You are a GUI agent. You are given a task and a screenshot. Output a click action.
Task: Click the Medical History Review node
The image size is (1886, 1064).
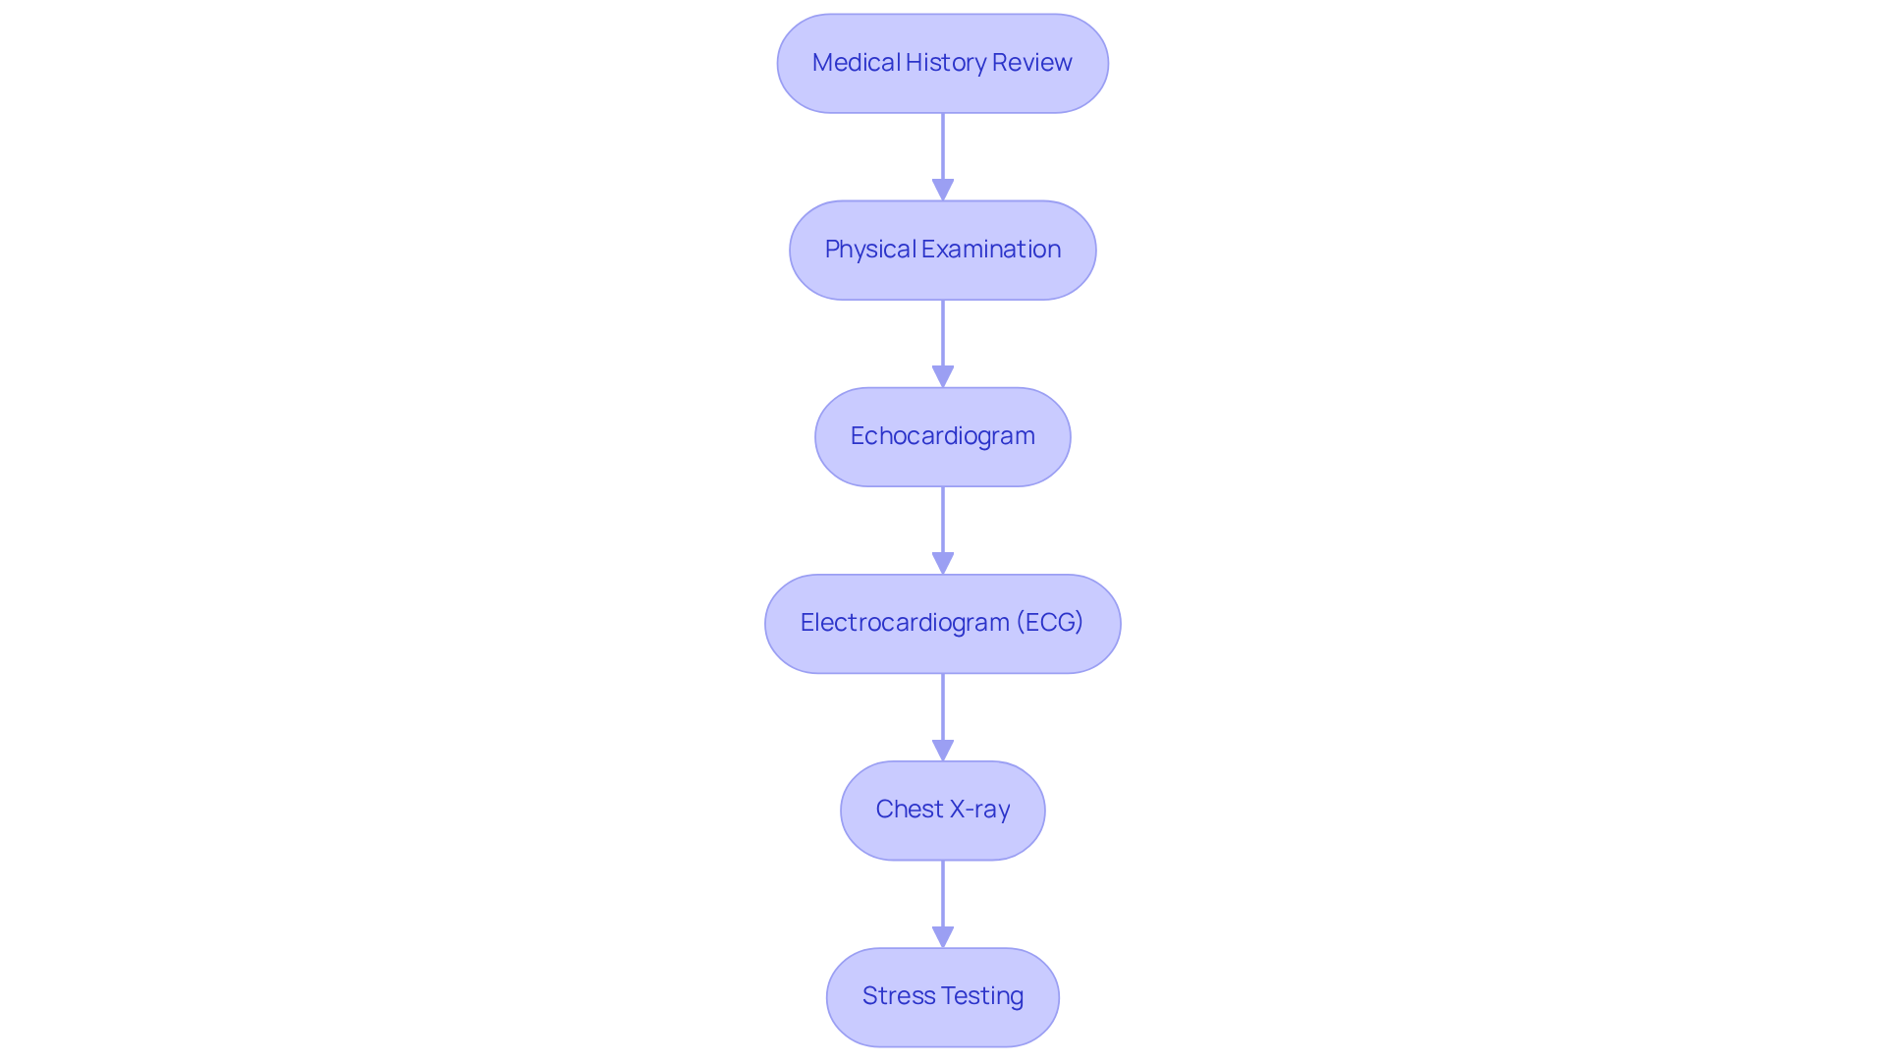(x=942, y=64)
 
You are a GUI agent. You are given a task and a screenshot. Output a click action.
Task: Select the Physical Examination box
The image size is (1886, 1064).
(x=942, y=251)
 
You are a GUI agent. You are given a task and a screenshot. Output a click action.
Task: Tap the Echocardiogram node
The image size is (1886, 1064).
(x=942, y=437)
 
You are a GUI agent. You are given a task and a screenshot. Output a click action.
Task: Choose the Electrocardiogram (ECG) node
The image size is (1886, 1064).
(x=942, y=624)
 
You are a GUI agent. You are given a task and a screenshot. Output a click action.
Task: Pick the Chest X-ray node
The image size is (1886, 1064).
(x=942, y=811)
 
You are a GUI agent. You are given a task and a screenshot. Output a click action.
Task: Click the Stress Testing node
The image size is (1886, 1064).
(x=942, y=997)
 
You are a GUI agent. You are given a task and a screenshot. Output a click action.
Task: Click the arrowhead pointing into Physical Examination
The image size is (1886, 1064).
(x=943, y=190)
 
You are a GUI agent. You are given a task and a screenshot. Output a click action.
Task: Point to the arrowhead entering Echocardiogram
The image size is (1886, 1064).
(x=943, y=376)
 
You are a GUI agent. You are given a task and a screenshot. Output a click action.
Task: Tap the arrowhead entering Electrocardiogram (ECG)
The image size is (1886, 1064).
(x=943, y=563)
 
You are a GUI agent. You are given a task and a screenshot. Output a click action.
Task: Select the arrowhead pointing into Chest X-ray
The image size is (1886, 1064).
(x=943, y=750)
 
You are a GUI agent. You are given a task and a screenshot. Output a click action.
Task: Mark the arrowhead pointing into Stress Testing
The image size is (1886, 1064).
(x=943, y=936)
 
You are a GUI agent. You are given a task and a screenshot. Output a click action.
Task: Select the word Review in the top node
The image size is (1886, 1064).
(x=1031, y=63)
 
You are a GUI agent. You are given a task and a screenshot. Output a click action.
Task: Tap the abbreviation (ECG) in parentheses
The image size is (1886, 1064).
(x=1049, y=623)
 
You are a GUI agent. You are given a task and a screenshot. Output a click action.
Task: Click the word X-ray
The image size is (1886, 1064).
(x=979, y=810)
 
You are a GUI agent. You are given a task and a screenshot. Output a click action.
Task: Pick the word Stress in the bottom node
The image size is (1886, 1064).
(x=899, y=996)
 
